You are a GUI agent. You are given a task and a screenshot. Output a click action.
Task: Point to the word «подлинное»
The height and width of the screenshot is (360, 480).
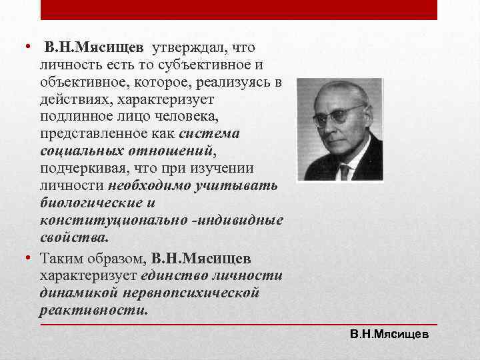[74, 117]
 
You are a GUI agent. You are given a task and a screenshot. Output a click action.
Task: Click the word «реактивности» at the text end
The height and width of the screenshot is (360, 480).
[93, 310]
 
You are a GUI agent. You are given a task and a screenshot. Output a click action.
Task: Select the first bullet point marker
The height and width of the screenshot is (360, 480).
[29, 48]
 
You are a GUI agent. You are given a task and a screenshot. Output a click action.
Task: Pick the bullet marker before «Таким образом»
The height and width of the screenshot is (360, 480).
[29, 258]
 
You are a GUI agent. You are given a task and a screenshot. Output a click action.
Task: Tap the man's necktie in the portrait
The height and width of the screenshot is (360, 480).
[344, 171]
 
